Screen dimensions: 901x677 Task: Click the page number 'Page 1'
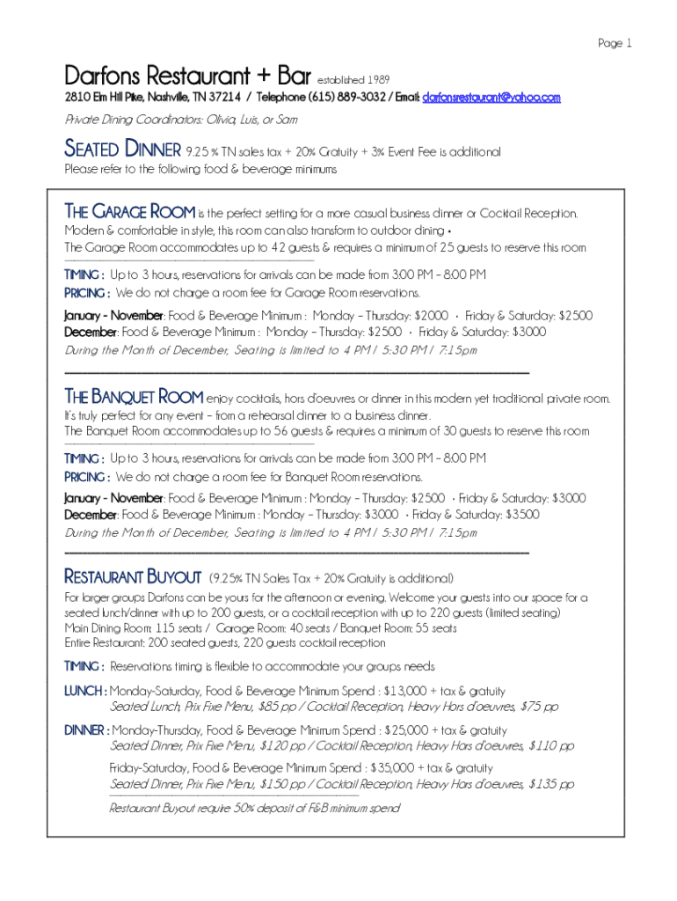tap(615, 43)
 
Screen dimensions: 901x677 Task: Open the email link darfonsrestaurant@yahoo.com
tap(491, 98)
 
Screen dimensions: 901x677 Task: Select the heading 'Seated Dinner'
tap(123, 150)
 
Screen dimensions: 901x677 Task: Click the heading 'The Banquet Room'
tap(134, 397)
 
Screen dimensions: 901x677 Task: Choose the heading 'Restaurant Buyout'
tap(133, 577)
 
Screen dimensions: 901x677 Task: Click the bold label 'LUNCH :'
tap(85, 692)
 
